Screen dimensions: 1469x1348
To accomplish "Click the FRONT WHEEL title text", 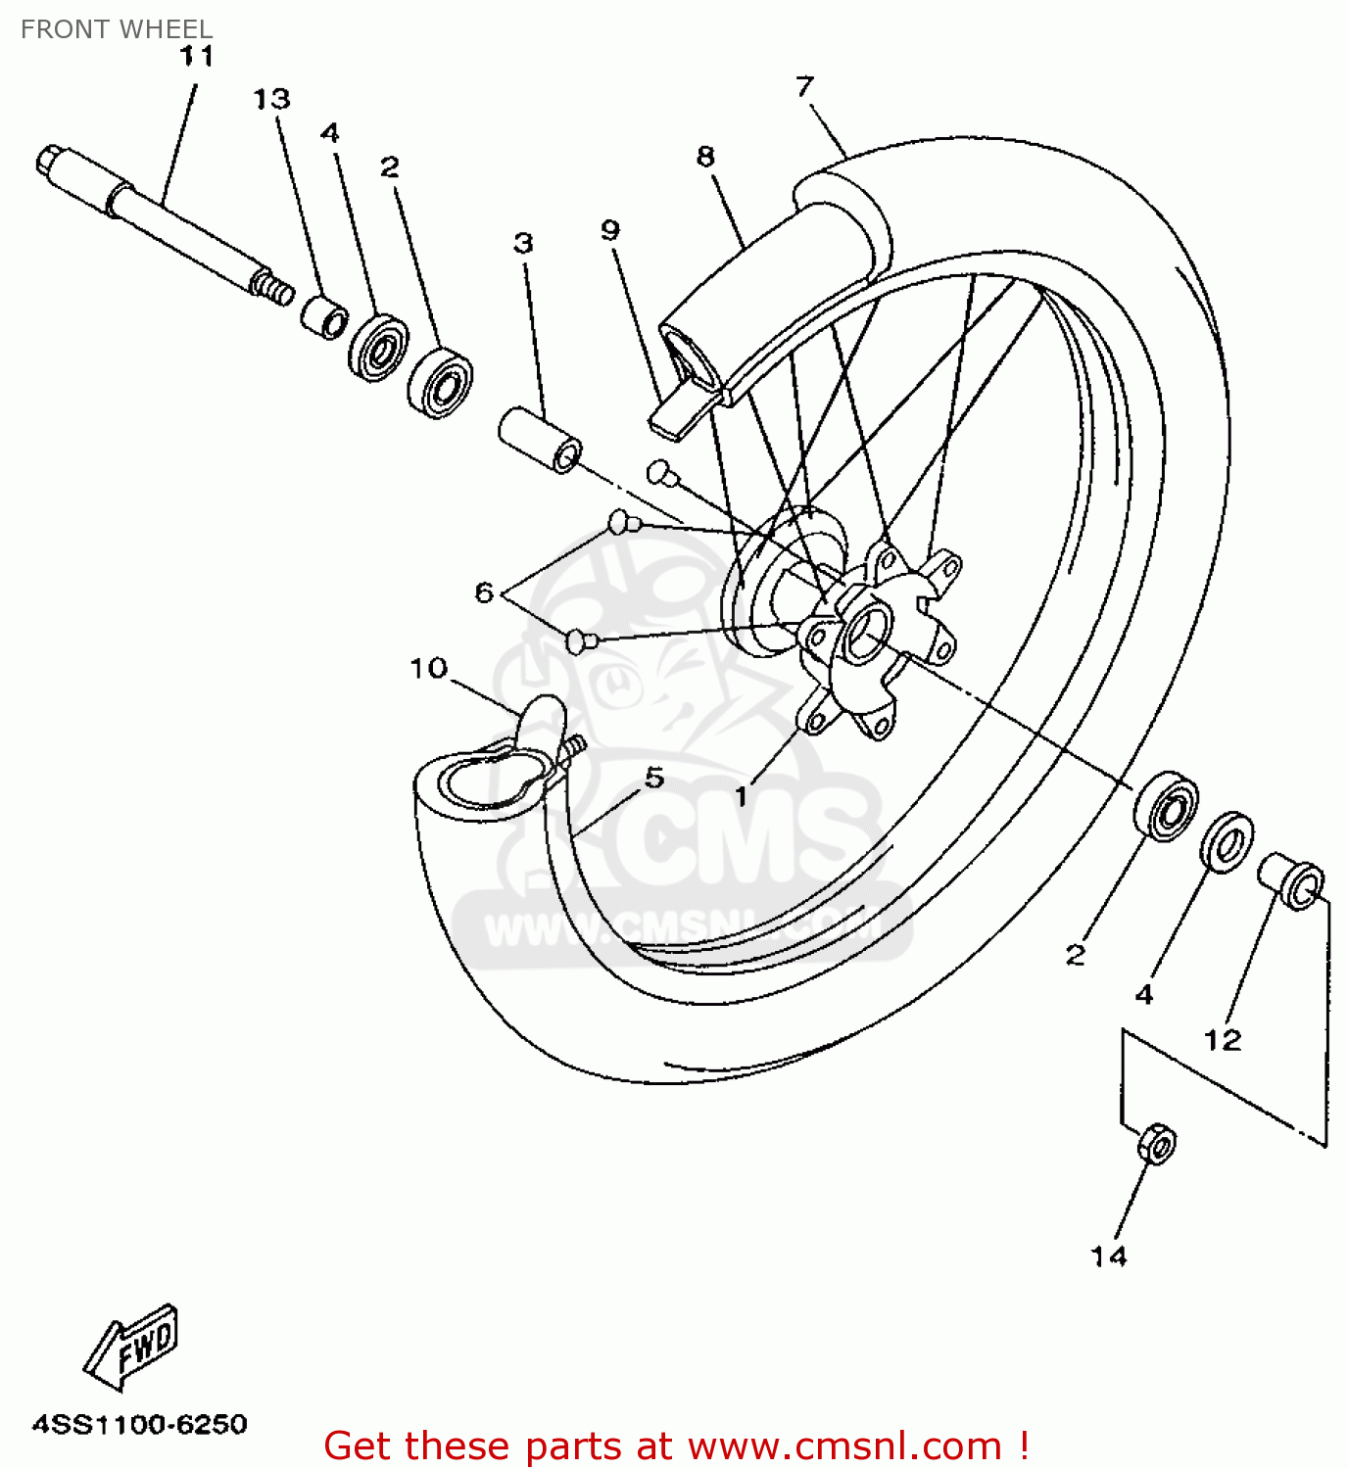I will coord(117,29).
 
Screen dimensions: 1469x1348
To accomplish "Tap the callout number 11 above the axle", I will coord(197,57).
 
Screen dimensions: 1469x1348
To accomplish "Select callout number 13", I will coord(271,99).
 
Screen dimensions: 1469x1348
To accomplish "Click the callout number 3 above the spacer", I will coord(523,242).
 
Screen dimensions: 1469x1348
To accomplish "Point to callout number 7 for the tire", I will coord(804,86).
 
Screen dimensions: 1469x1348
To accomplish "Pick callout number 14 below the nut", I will coord(1109,1256).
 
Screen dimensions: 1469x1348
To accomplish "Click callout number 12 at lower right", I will coord(1222,1039).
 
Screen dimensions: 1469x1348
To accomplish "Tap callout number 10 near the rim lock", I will coord(428,668).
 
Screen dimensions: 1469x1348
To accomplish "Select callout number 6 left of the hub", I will coord(484,592).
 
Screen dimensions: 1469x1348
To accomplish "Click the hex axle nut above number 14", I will coord(1157,1143).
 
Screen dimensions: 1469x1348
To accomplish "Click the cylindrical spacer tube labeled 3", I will coord(541,440).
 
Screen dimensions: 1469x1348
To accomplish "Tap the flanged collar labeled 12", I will coord(1292,880).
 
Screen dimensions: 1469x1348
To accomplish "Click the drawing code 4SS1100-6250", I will coord(140,1423).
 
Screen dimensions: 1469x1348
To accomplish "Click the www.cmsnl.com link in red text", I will coord(845,1445).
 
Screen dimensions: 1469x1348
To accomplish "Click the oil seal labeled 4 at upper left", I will coord(377,347).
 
